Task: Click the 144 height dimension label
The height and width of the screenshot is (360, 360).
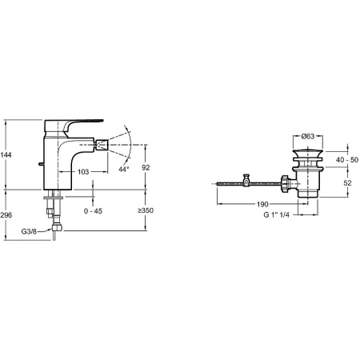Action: (x=6, y=154)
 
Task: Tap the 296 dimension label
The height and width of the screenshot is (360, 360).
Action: (x=6, y=215)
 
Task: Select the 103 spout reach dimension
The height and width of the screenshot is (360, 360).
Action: (x=83, y=172)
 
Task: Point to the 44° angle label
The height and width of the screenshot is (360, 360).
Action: (x=124, y=169)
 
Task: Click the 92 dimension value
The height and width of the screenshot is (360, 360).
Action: (x=146, y=167)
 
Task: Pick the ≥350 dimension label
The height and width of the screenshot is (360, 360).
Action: (x=146, y=210)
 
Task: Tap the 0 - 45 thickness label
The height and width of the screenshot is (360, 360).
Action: (x=93, y=211)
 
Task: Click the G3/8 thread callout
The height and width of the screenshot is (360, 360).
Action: (x=29, y=231)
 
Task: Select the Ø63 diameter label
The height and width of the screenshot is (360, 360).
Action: (x=308, y=136)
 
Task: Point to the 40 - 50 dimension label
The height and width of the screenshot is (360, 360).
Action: (x=347, y=160)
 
